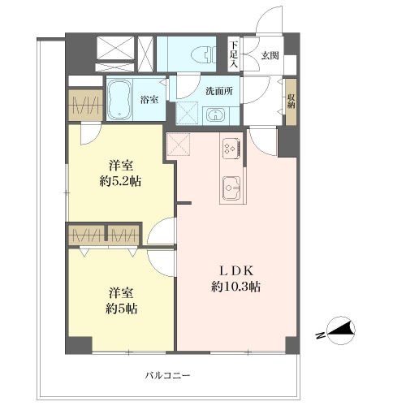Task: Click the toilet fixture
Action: click(x=203, y=55)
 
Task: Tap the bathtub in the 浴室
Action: click(x=119, y=100)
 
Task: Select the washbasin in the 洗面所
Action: click(x=215, y=115)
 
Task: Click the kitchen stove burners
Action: click(x=231, y=149)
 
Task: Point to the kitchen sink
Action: click(x=231, y=188)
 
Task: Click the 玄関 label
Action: click(x=270, y=55)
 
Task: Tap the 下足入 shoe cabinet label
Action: click(x=234, y=54)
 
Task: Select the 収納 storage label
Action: click(x=292, y=101)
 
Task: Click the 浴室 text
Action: click(x=149, y=100)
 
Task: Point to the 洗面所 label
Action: click(x=219, y=91)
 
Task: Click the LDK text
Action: click(x=235, y=270)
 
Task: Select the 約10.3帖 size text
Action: click(x=235, y=287)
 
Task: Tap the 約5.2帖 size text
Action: click(x=120, y=181)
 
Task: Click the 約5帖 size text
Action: click(x=121, y=309)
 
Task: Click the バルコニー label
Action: click(x=167, y=375)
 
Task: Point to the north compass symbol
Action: click(x=341, y=330)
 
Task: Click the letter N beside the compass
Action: click(x=320, y=335)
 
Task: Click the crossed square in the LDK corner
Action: click(x=179, y=145)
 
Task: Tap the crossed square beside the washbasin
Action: click(x=187, y=113)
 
